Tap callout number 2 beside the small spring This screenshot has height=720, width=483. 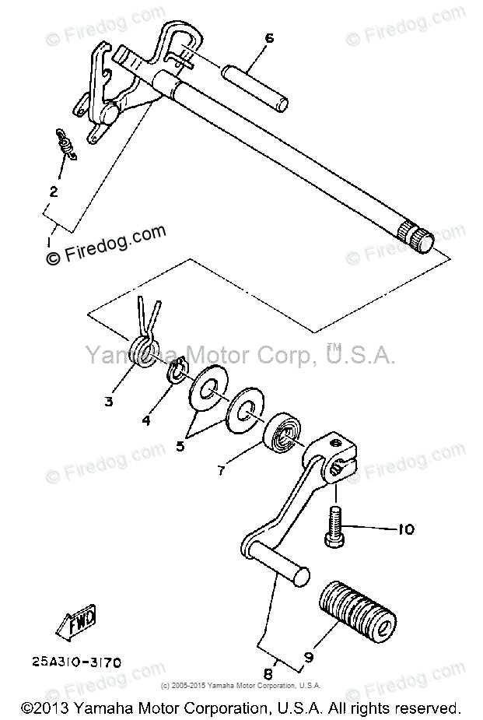point(54,191)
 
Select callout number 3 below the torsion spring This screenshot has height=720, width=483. point(108,402)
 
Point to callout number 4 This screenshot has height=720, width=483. point(145,422)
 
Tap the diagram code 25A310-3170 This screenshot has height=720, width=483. point(76,664)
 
